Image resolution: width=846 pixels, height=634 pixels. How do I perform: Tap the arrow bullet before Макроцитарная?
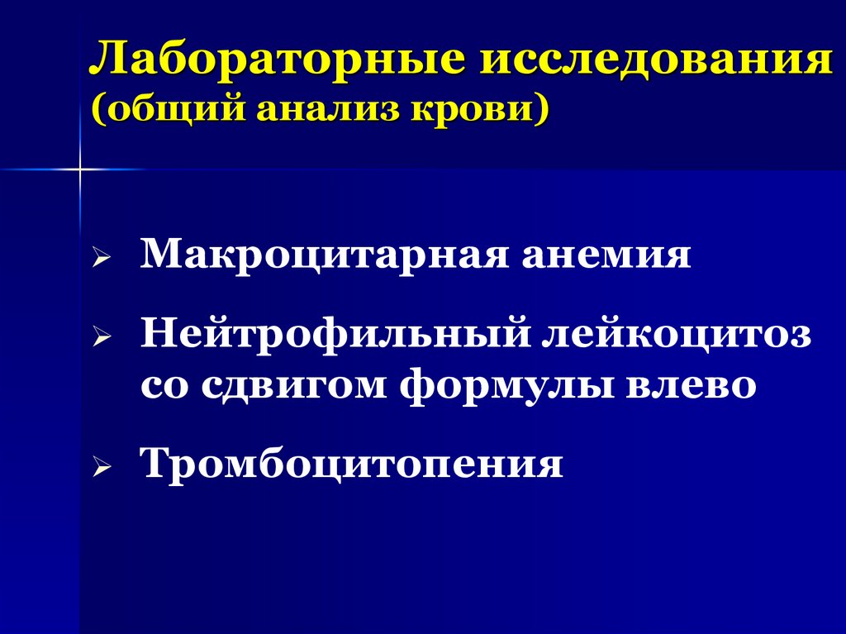coord(100,260)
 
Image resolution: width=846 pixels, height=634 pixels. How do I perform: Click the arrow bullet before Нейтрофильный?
coord(100,340)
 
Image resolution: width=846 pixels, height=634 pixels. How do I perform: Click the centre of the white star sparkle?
coord(80,169)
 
